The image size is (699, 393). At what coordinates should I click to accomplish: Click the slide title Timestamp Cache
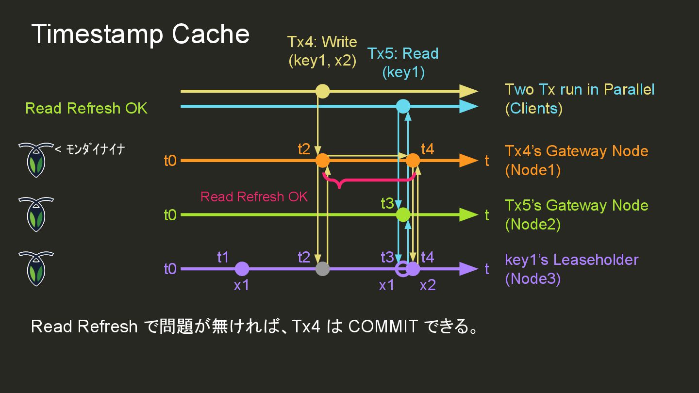tap(140, 34)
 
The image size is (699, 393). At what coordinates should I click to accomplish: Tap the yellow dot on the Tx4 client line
tap(322, 91)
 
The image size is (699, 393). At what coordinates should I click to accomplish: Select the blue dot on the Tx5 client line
tap(403, 106)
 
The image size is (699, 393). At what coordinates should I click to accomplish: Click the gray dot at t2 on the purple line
tap(322, 268)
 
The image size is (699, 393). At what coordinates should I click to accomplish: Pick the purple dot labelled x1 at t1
tap(242, 268)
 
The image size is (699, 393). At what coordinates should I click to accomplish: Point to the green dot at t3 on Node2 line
tap(403, 214)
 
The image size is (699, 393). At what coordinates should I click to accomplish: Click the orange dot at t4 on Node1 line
tap(413, 160)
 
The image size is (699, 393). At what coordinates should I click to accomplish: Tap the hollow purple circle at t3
tap(402, 268)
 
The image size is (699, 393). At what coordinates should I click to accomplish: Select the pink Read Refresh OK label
tap(254, 196)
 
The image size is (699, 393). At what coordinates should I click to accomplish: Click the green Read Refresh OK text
tap(86, 108)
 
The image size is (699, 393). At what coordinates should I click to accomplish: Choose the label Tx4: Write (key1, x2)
tap(322, 51)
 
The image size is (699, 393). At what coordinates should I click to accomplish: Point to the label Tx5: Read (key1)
tap(403, 63)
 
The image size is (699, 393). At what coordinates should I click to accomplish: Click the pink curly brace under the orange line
tap(369, 181)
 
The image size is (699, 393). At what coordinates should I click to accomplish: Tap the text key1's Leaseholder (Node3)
tap(571, 269)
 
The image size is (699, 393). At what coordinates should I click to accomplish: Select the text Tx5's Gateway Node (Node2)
tap(576, 214)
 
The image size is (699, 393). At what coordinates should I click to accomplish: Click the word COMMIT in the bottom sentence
tap(383, 327)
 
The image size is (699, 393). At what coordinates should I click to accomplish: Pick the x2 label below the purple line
tap(428, 285)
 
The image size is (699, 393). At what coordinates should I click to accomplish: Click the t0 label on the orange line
tap(170, 161)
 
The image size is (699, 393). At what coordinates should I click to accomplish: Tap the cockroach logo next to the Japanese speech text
tap(35, 160)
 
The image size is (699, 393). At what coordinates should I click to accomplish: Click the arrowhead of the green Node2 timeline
tap(468, 214)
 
